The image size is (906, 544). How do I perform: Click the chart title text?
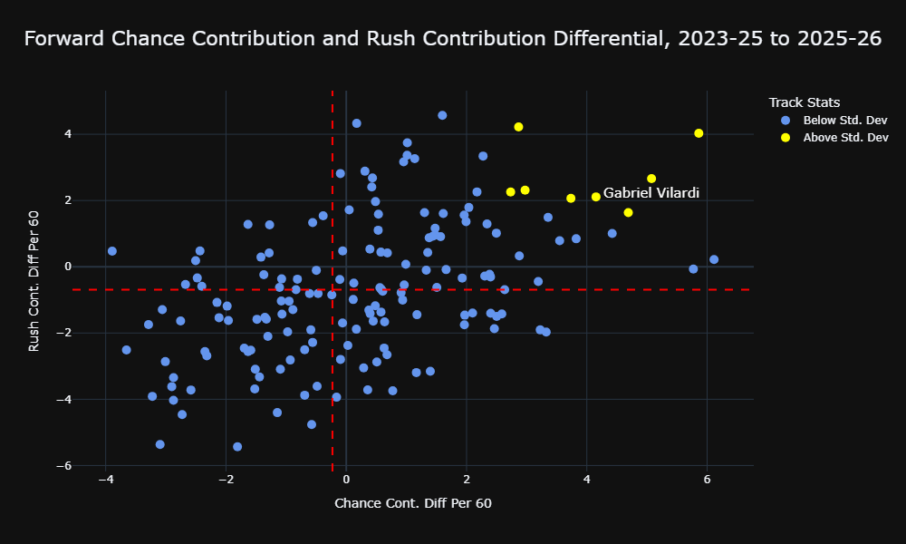pyautogui.click(x=453, y=39)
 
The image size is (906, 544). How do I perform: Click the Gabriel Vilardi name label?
pyautogui.click(x=651, y=193)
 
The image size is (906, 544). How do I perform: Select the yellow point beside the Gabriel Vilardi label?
pyautogui.click(x=596, y=197)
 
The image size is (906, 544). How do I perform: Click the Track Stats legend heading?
pyautogui.click(x=805, y=102)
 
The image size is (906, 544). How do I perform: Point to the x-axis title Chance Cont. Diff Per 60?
pyautogui.click(x=413, y=503)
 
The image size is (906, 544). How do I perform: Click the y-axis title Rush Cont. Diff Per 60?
pyautogui.click(x=34, y=281)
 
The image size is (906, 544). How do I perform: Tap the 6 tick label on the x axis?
pyautogui.click(x=707, y=480)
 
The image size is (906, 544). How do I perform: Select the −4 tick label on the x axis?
pyautogui.click(x=105, y=480)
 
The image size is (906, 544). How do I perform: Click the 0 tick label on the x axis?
pyautogui.click(x=346, y=480)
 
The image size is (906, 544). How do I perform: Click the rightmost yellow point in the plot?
pyautogui.click(x=699, y=133)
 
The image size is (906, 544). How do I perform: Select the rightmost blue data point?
pyautogui.click(x=714, y=259)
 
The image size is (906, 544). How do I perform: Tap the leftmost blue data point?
pyautogui.click(x=112, y=251)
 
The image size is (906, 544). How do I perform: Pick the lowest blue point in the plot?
pyautogui.click(x=236, y=446)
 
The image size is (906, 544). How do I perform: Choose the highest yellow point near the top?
pyautogui.click(x=518, y=127)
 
